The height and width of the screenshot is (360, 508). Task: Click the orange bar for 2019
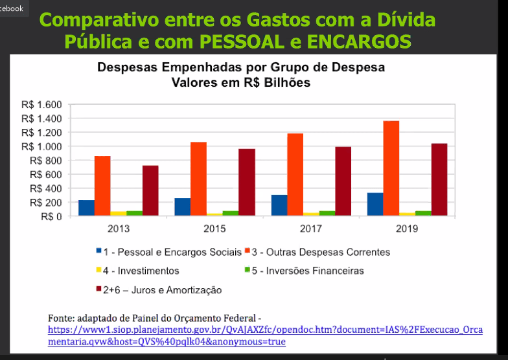tap(391, 168)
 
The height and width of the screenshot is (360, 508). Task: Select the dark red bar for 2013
tap(150, 190)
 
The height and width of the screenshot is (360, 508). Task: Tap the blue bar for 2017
tap(279, 205)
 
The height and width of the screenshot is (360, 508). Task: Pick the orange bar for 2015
tap(198, 179)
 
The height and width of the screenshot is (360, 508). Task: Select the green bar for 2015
tap(230, 213)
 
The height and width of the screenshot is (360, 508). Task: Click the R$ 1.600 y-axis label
tap(41, 105)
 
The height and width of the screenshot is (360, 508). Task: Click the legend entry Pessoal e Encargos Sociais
tap(172, 252)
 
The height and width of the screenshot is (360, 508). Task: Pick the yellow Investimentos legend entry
tap(142, 271)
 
